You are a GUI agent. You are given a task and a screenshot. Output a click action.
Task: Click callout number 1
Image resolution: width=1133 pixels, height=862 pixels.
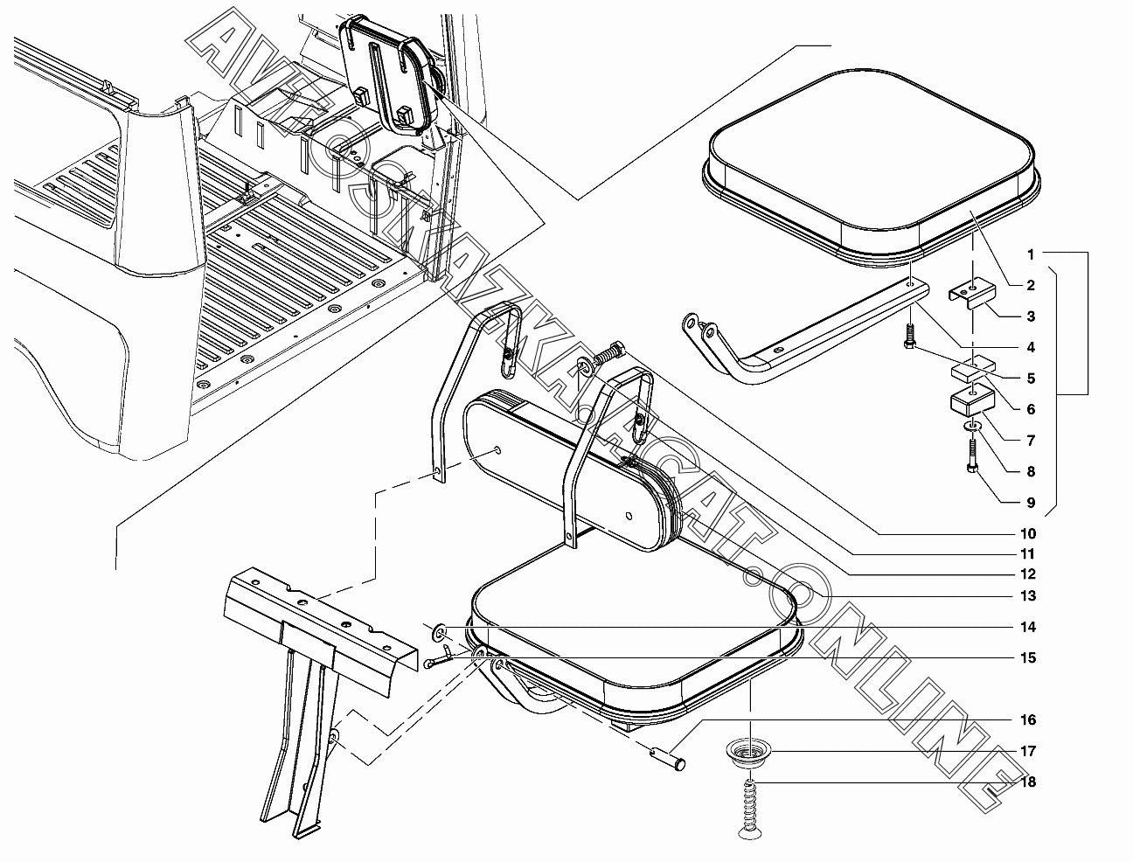click(1031, 254)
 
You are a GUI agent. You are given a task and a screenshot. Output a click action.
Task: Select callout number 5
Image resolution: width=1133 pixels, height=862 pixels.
click(1031, 379)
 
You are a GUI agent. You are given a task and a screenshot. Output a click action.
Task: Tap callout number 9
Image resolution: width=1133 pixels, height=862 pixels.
click(1031, 502)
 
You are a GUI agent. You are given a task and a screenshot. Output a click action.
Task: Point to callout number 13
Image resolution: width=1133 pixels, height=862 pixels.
click(1028, 595)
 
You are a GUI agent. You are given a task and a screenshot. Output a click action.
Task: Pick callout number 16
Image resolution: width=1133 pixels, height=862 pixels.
click(1028, 719)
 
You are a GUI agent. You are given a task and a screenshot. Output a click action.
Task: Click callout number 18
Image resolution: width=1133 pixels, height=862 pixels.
click(1028, 782)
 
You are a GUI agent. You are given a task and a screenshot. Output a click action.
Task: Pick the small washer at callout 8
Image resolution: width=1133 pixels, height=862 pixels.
click(972, 427)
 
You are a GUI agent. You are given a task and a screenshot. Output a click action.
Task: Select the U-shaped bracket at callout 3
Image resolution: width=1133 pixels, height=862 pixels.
click(972, 292)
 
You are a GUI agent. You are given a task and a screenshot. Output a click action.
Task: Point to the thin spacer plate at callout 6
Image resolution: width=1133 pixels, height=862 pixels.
click(972, 372)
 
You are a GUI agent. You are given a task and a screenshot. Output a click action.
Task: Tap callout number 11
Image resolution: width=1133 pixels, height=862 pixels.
click(1028, 554)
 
